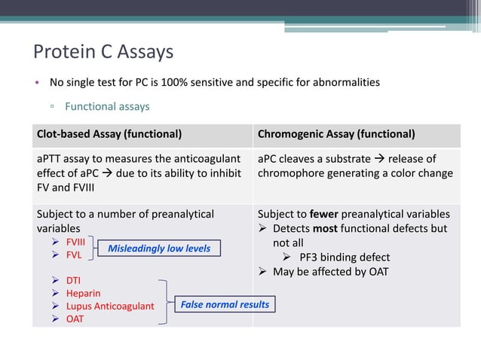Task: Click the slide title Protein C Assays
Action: pos(103,52)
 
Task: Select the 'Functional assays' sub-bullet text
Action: pos(107,106)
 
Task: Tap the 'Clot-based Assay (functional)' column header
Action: pos(109,135)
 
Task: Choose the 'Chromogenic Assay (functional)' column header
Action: pos(336,135)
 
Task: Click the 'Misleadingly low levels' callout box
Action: pos(158,248)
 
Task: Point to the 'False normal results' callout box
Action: pos(224,304)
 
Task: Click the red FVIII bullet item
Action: pos(75,242)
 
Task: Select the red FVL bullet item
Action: pos(74,255)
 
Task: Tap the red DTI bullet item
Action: pos(73,280)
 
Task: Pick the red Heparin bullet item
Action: pos(83,293)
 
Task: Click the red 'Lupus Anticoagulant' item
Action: pos(110,306)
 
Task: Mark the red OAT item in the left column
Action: pos(75,319)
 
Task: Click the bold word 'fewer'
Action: pos(324,214)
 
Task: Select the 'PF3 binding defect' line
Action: pos(345,257)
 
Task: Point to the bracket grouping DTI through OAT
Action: pos(164,301)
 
